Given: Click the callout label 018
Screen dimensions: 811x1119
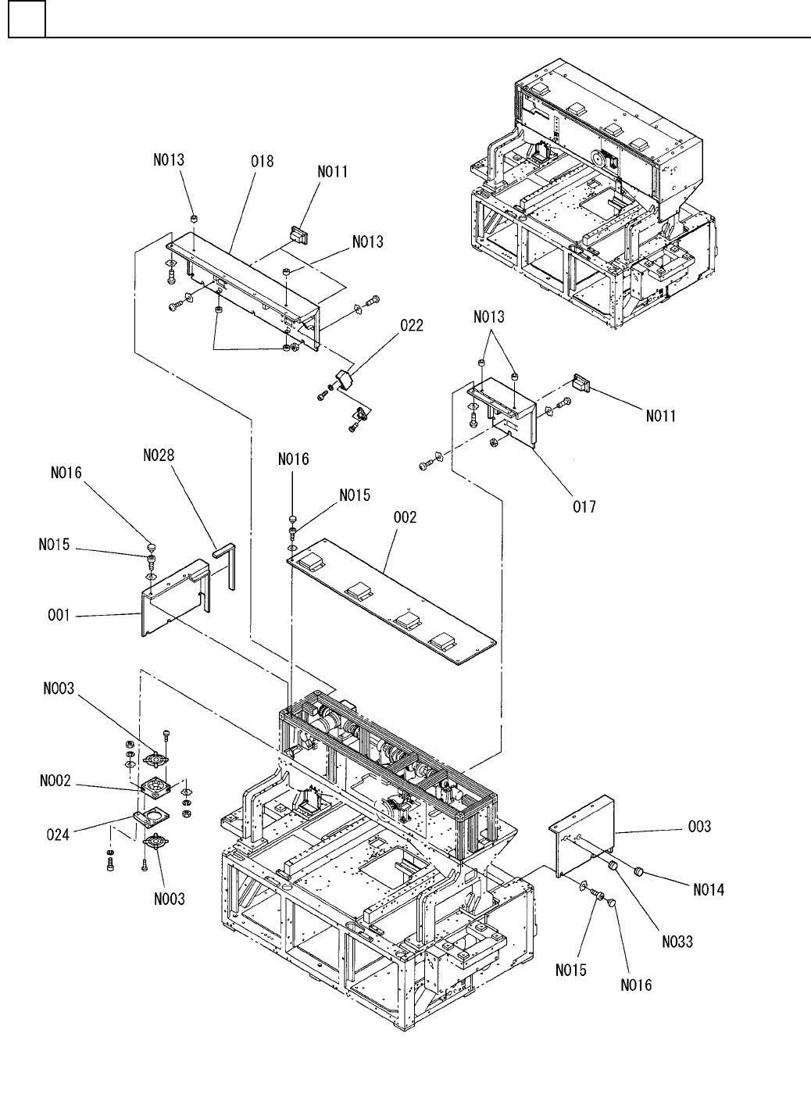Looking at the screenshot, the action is [x=263, y=161].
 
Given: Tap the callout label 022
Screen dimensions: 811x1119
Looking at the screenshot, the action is [x=412, y=326].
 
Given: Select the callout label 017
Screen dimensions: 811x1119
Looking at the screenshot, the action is [x=584, y=507].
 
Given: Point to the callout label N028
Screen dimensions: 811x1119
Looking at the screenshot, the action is [x=159, y=455].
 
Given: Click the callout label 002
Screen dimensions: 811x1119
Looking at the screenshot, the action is [x=405, y=517].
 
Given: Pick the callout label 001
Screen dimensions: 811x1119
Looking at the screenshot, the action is [x=59, y=615].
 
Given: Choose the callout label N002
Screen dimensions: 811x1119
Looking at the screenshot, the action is [x=55, y=781].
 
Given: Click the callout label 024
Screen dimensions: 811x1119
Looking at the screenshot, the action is [x=58, y=835].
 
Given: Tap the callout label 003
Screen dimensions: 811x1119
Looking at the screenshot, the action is [x=699, y=827].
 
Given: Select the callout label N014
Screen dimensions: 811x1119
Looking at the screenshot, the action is [x=709, y=890].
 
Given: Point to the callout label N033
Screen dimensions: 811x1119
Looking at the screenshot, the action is [x=677, y=942].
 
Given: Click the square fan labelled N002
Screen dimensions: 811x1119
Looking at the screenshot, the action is [x=155, y=788].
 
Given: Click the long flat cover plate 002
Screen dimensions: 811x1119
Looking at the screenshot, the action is [x=392, y=602].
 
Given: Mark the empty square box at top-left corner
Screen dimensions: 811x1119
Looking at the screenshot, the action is [x=27, y=19].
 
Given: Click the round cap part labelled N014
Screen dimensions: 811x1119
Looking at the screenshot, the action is [x=638, y=872].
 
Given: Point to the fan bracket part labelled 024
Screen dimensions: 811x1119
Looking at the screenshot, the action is [x=151, y=817].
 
